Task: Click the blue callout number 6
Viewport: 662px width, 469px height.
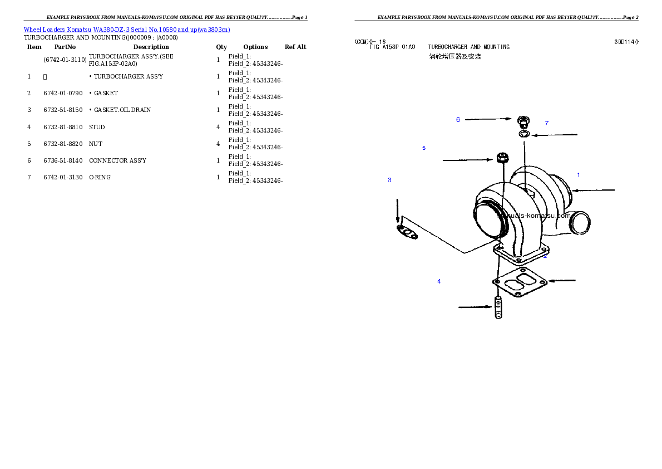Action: (458, 120)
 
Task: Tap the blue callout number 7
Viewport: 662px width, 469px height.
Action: (546, 123)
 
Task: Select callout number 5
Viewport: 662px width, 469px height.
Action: (424, 148)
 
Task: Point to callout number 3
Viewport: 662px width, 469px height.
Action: (389, 180)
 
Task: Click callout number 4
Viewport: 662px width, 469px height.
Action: (439, 282)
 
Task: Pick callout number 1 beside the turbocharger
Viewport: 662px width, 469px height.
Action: (578, 175)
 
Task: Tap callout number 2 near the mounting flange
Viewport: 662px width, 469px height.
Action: (545, 256)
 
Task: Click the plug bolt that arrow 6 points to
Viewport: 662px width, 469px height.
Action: (523, 121)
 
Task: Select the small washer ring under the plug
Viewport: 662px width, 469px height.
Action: (523, 134)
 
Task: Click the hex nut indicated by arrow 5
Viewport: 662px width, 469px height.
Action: (501, 158)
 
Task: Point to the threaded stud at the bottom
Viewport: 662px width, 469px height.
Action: (498, 308)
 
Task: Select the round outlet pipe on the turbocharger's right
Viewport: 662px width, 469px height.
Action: (579, 222)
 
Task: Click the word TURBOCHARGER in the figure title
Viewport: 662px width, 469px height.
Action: (448, 47)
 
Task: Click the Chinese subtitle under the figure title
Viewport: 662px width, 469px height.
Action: (454, 57)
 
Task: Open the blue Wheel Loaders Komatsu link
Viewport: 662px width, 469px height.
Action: (127, 30)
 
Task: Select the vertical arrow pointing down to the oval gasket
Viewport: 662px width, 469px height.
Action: (397, 211)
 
